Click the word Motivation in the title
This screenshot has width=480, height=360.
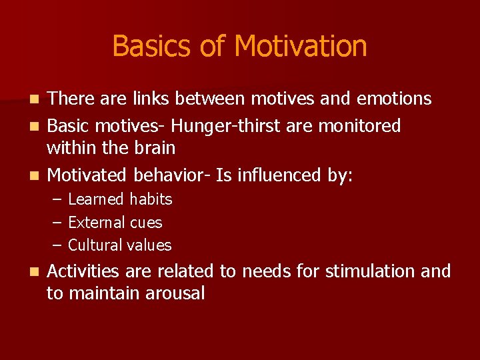[x=301, y=47]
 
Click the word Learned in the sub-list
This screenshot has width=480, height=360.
[x=95, y=199]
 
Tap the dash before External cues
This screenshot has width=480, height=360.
[x=57, y=223]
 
